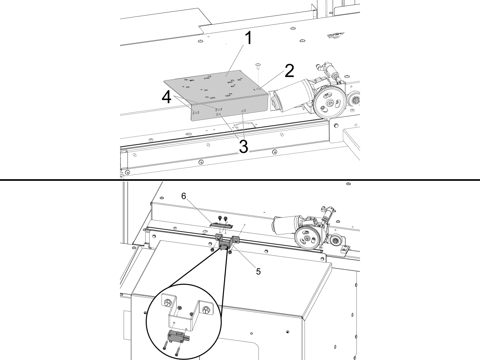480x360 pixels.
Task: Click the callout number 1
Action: (248, 39)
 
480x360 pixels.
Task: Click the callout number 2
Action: (288, 71)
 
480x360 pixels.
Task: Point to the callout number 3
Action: (243, 147)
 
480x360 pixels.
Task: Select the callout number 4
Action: (168, 97)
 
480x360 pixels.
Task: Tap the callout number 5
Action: (258, 271)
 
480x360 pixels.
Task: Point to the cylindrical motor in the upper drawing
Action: (291, 93)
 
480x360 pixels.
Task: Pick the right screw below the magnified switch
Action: (178, 352)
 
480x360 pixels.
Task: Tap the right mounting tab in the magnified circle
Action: (206, 310)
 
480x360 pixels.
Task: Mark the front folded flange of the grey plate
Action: (228, 110)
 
